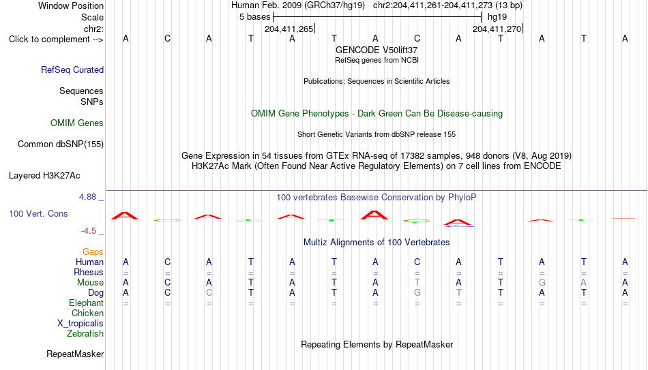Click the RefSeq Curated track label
point(72,70)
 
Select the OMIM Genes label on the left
point(77,123)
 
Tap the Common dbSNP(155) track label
point(61,144)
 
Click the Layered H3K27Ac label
point(44,176)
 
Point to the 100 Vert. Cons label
point(38,213)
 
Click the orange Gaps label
point(93,252)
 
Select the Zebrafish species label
point(85,334)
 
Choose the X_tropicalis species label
point(80,324)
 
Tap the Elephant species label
point(87,303)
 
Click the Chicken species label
point(87,313)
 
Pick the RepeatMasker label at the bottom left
point(75,354)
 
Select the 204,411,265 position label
point(289,29)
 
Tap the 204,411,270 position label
point(497,29)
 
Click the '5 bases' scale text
point(255,17)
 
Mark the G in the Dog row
point(417,293)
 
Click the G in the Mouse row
point(542,283)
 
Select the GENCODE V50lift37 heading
point(377,50)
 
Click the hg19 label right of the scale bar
point(497,17)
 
